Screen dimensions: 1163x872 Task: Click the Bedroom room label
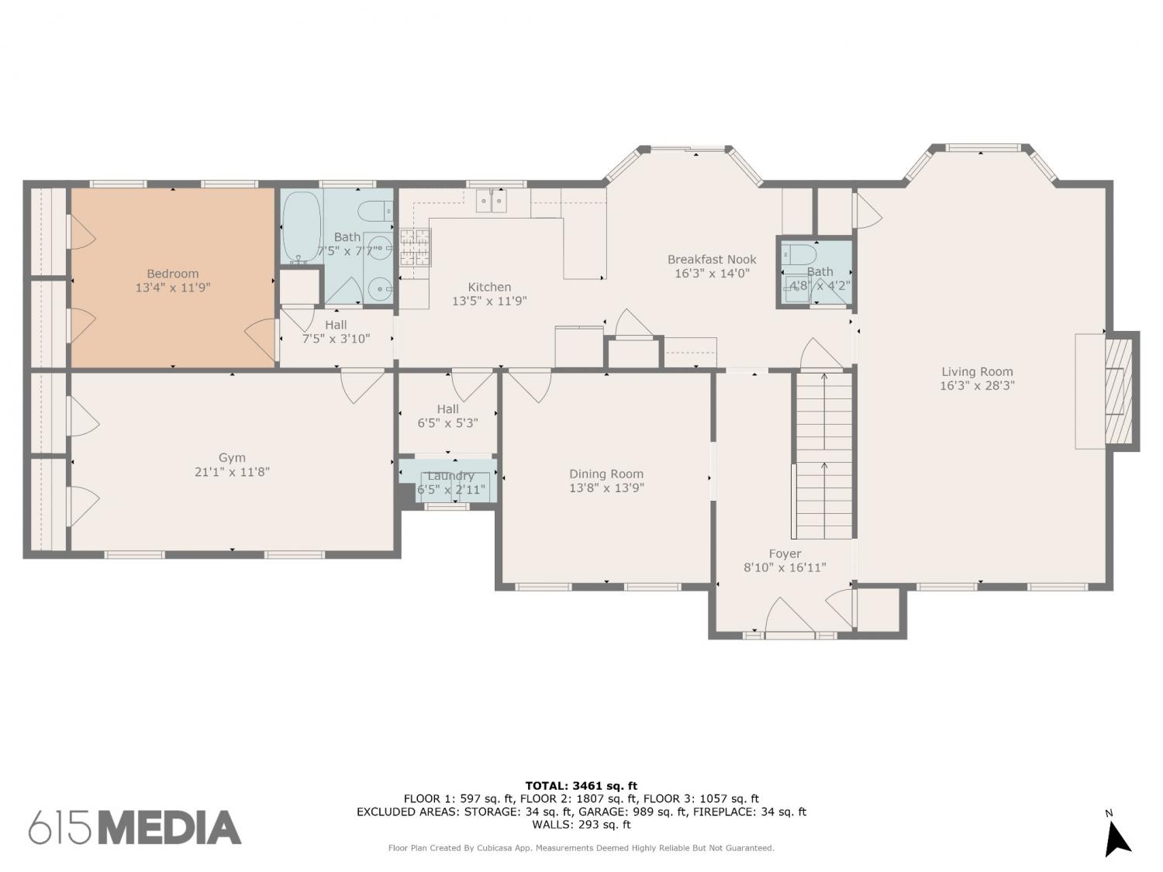173,274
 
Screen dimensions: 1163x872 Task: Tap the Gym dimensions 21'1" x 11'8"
232,472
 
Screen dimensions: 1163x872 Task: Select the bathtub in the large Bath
301,227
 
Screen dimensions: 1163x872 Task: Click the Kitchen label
489,287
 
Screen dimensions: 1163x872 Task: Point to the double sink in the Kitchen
491,201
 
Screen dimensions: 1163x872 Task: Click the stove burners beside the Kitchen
415,246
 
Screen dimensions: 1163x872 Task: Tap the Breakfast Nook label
712,260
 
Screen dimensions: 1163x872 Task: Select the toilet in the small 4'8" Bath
799,254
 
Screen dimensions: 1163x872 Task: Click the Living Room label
977,372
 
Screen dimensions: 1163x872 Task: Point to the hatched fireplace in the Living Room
1118,391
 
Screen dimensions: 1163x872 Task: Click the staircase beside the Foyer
823,455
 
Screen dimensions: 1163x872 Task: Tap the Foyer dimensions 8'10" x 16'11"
785,567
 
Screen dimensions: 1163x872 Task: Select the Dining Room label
606,474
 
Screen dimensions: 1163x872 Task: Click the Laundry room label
450,475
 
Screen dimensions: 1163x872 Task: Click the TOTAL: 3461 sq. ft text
581,786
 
